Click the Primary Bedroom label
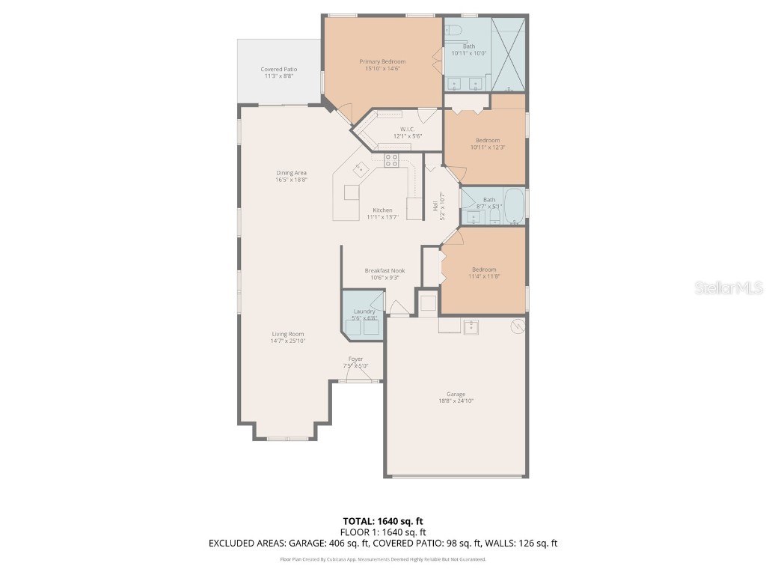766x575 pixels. [x=382, y=61]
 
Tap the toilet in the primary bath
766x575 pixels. [x=453, y=30]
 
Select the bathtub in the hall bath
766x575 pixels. [x=514, y=207]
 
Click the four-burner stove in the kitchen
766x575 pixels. [x=391, y=160]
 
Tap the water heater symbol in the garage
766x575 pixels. [x=516, y=326]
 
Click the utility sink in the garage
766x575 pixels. [x=471, y=326]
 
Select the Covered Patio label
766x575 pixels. [x=278, y=69]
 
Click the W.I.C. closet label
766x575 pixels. [x=408, y=129]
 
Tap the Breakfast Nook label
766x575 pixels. [x=385, y=270]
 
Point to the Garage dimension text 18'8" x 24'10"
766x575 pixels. [x=456, y=401]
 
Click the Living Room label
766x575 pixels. [x=287, y=334]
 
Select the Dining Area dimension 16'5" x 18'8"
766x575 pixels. [x=292, y=180]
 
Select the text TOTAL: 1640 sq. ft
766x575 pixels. [x=383, y=521]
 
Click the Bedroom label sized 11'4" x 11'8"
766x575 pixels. [x=483, y=270]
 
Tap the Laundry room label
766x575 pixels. [x=364, y=311]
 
